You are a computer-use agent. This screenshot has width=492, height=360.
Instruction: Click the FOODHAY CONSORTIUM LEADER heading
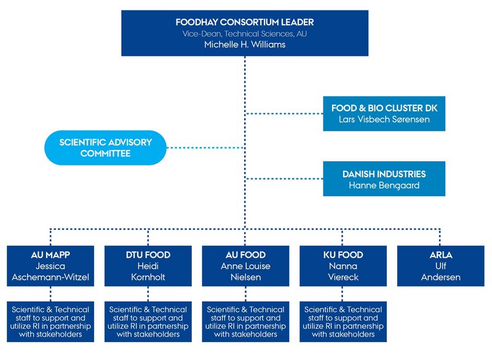[244, 22]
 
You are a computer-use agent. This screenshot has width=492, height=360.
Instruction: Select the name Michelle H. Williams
[244, 44]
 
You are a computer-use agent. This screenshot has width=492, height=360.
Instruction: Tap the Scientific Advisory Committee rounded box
[105, 147]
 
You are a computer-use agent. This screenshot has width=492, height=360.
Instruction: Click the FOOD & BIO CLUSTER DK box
[385, 113]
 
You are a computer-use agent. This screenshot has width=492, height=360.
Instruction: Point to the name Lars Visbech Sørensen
[385, 119]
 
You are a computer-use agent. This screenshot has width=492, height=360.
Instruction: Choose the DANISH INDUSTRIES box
[385, 178]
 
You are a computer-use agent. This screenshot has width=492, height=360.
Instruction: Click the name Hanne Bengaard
[384, 185]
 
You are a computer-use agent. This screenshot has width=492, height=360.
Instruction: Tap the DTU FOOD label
[148, 255]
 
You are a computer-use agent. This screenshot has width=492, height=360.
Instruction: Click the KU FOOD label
[343, 255]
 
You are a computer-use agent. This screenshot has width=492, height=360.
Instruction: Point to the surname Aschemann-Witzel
[50, 278]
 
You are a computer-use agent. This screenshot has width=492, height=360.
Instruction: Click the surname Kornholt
[148, 278]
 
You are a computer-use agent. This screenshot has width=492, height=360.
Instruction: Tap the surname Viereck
[343, 278]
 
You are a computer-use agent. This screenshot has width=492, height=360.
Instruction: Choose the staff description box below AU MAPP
[50, 321]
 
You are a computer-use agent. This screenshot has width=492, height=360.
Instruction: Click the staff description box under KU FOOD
[343, 321]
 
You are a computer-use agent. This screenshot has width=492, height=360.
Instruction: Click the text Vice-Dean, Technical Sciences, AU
[244, 33]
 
